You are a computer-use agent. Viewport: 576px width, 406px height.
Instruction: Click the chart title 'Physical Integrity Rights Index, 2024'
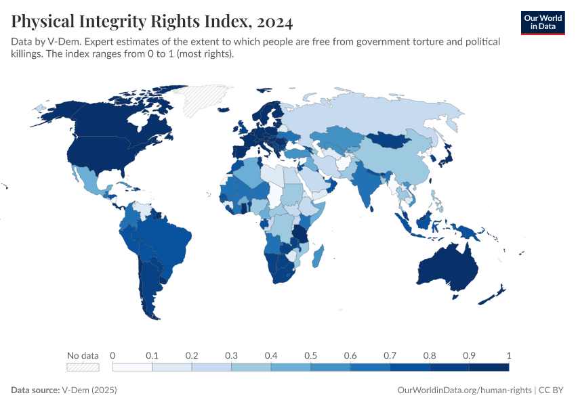(152, 22)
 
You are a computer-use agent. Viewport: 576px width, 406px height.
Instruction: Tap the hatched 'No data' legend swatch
(83, 367)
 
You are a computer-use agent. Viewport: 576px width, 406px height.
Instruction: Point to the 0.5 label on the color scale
(310, 355)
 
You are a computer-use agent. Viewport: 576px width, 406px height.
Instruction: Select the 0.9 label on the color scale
(469, 355)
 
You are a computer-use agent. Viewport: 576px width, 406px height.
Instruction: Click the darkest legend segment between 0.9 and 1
(489, 367)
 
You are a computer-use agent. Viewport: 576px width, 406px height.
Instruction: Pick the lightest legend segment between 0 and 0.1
(132, 367)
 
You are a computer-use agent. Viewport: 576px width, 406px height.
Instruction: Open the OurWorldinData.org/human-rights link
(464, 390)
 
